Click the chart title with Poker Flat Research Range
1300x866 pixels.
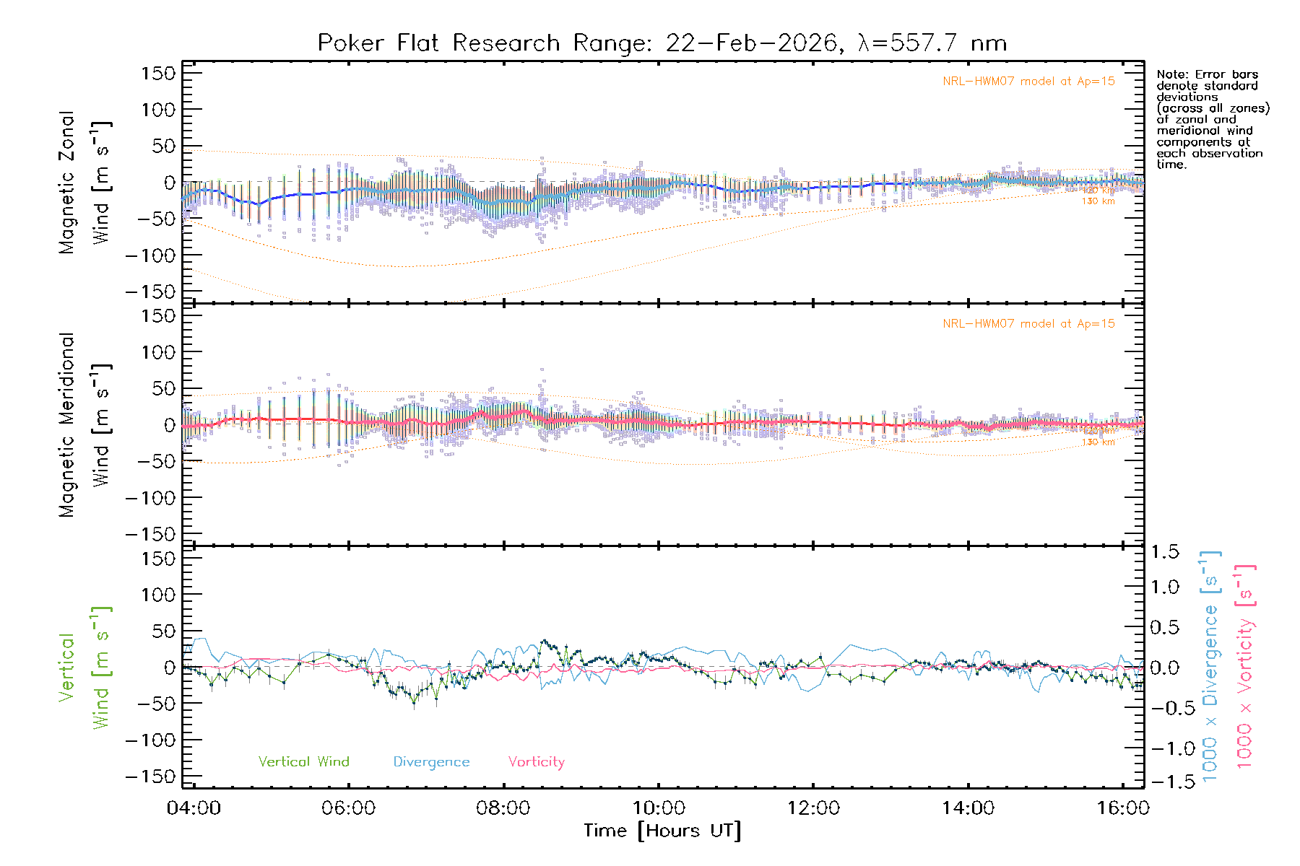pos(662,43)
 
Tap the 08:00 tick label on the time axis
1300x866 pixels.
pos(503,808)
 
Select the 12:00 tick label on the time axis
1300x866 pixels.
pos(813,808)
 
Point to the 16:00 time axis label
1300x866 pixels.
pos(1122,808)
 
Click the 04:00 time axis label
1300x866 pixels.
pos(194,808)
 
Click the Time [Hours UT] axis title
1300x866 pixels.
pos(662,831)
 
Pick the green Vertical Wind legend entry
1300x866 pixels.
pos(303,762)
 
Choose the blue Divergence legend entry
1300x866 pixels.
pos(431,762)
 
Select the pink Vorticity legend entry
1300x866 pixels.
pos(536,762)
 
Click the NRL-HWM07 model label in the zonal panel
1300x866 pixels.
pos(1028,82)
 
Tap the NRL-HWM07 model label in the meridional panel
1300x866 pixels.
pos(1028,324)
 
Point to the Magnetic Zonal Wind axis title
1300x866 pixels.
pos(85,183)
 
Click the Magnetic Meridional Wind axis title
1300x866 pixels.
pos(85,425)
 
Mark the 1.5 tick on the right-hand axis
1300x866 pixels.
pos(1165,552)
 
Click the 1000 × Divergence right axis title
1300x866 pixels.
pos(1210,665)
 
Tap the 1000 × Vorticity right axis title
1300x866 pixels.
pos(1245,665)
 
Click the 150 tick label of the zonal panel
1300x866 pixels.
pos(158,74)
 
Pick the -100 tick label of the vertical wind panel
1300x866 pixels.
pos(150,740)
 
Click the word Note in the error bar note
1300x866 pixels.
pos(1171,74)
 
